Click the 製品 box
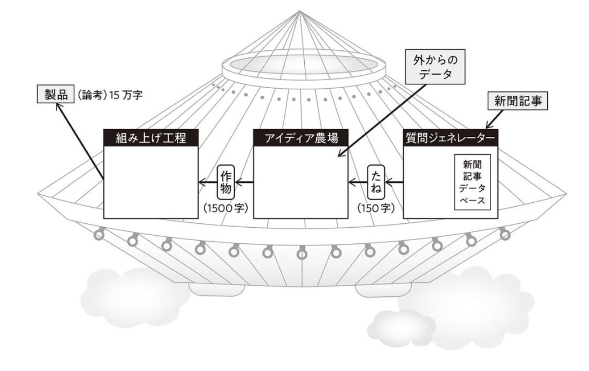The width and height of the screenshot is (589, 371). click(56, 94)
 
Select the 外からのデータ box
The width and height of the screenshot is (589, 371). click(435, 67)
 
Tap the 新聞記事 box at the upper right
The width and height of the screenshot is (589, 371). click(518, 101)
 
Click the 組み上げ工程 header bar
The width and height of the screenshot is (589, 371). click(151, 138)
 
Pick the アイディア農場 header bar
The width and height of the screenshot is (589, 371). click(301, 138)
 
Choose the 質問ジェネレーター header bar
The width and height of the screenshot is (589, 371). click(451, 138)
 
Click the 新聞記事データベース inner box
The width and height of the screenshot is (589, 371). click(472, 182)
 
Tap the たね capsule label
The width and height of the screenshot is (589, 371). click(376, 182)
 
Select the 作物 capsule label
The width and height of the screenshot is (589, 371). click(226, 182)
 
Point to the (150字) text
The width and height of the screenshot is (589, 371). click(376, 208)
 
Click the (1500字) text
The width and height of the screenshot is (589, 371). click(226, 208)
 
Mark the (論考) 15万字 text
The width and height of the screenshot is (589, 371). click(109, 95)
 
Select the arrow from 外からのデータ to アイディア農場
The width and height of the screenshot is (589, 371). click(382, 120)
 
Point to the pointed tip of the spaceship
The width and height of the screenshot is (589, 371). click(299, 11)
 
